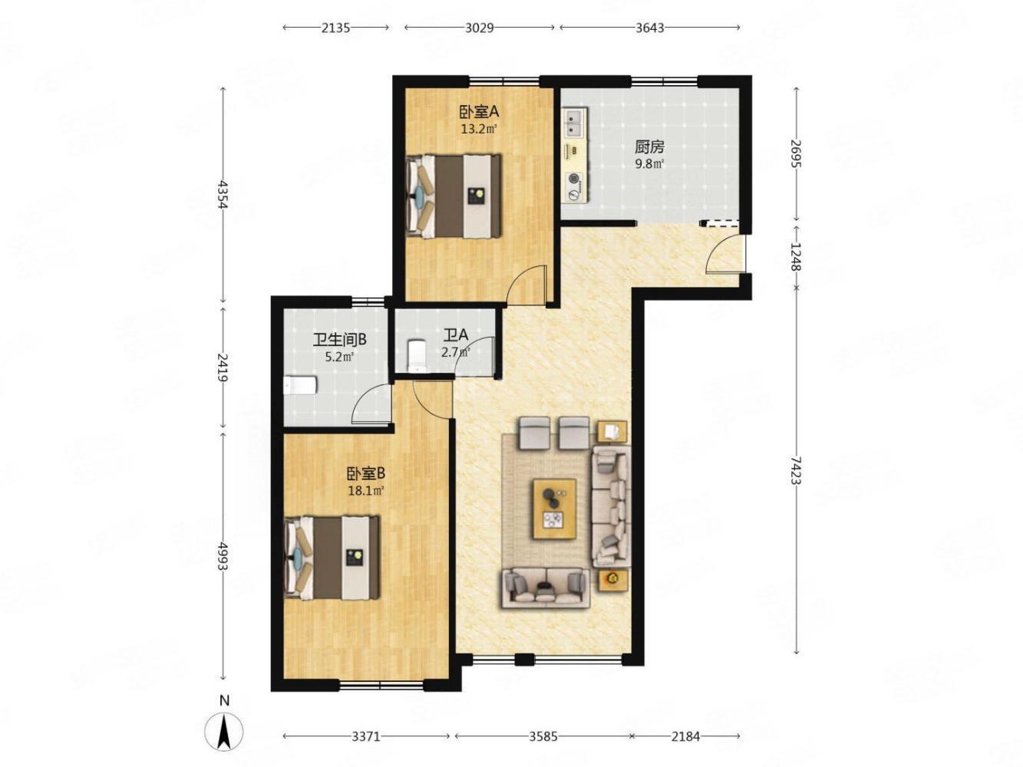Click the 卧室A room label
pyautogui.click(x=479, y=112)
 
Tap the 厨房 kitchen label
pyautogui.click(x=649, y=147)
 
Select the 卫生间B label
pyautogui.click(x=339, y=340)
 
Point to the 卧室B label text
pyautogui.click(x=366, y=473)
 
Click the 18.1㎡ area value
pyautogui.click(x=366, y=490)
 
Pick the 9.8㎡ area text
pyautogui.click(x=649, y=164)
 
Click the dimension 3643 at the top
pyautogui.click(x=649, y=28)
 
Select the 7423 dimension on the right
pyautogui.click(x=796, y=470)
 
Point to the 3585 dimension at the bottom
pyautogui.click(x=543, y=736)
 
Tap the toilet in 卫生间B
pyautogui.click(x=301, y=385)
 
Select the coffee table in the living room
pyautogui.click(x=554, y=509)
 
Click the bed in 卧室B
pyautogui.click(x=332, y=557)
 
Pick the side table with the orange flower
pyautogui.click(x=612, y=581)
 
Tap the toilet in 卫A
pyautogui.click(x=416, y=355)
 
